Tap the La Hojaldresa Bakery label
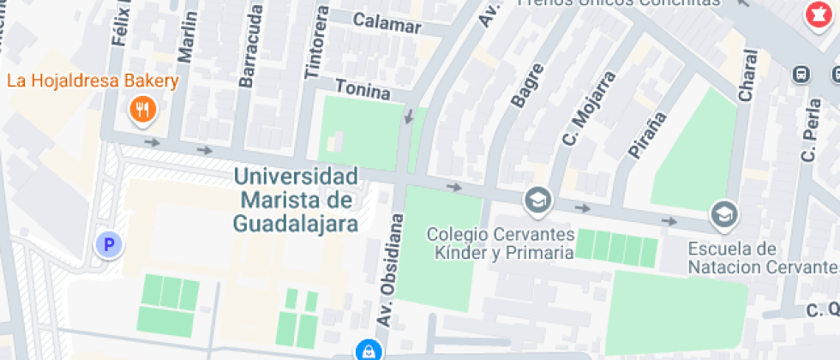click(x=93, y=82)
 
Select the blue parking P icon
click(x=108, y=245)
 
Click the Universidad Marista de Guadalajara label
click(x=295, y=200)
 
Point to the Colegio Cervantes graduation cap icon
click(x=538, y=200)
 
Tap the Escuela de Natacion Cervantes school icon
click(x=724, y=213)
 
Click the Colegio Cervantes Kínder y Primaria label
click(x=501, y=243)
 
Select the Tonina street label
click(x=363, y=88)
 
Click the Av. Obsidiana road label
click(x=390, y=269)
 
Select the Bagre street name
click(x=527, y=85)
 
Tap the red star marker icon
click(x=814, y=15)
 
